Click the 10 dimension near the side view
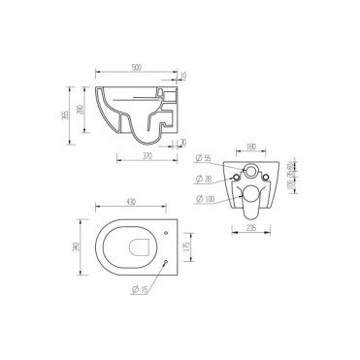tap(183, 76)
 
